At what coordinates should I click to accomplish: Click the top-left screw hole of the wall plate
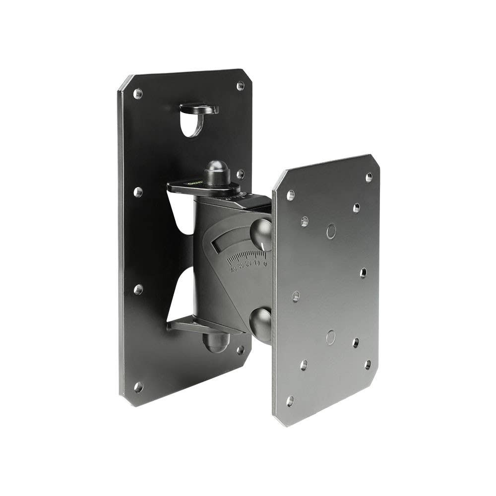pos(138,93)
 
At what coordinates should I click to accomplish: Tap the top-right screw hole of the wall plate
pos(241,86)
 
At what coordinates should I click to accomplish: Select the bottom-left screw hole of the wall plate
pos(138,386)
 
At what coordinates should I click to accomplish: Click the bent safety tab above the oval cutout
pos(199,108)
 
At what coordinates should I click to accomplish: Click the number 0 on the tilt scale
pos(265,263)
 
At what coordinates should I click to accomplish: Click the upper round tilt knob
pos(262,234)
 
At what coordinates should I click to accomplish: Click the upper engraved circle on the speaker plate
pos(331,230)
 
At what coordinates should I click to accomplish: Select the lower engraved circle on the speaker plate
pos(331,337)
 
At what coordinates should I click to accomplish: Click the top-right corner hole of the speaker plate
pos(369,177)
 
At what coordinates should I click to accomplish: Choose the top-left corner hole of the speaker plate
pos(291,195)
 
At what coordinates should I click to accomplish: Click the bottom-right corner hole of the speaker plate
pos(368,365)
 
